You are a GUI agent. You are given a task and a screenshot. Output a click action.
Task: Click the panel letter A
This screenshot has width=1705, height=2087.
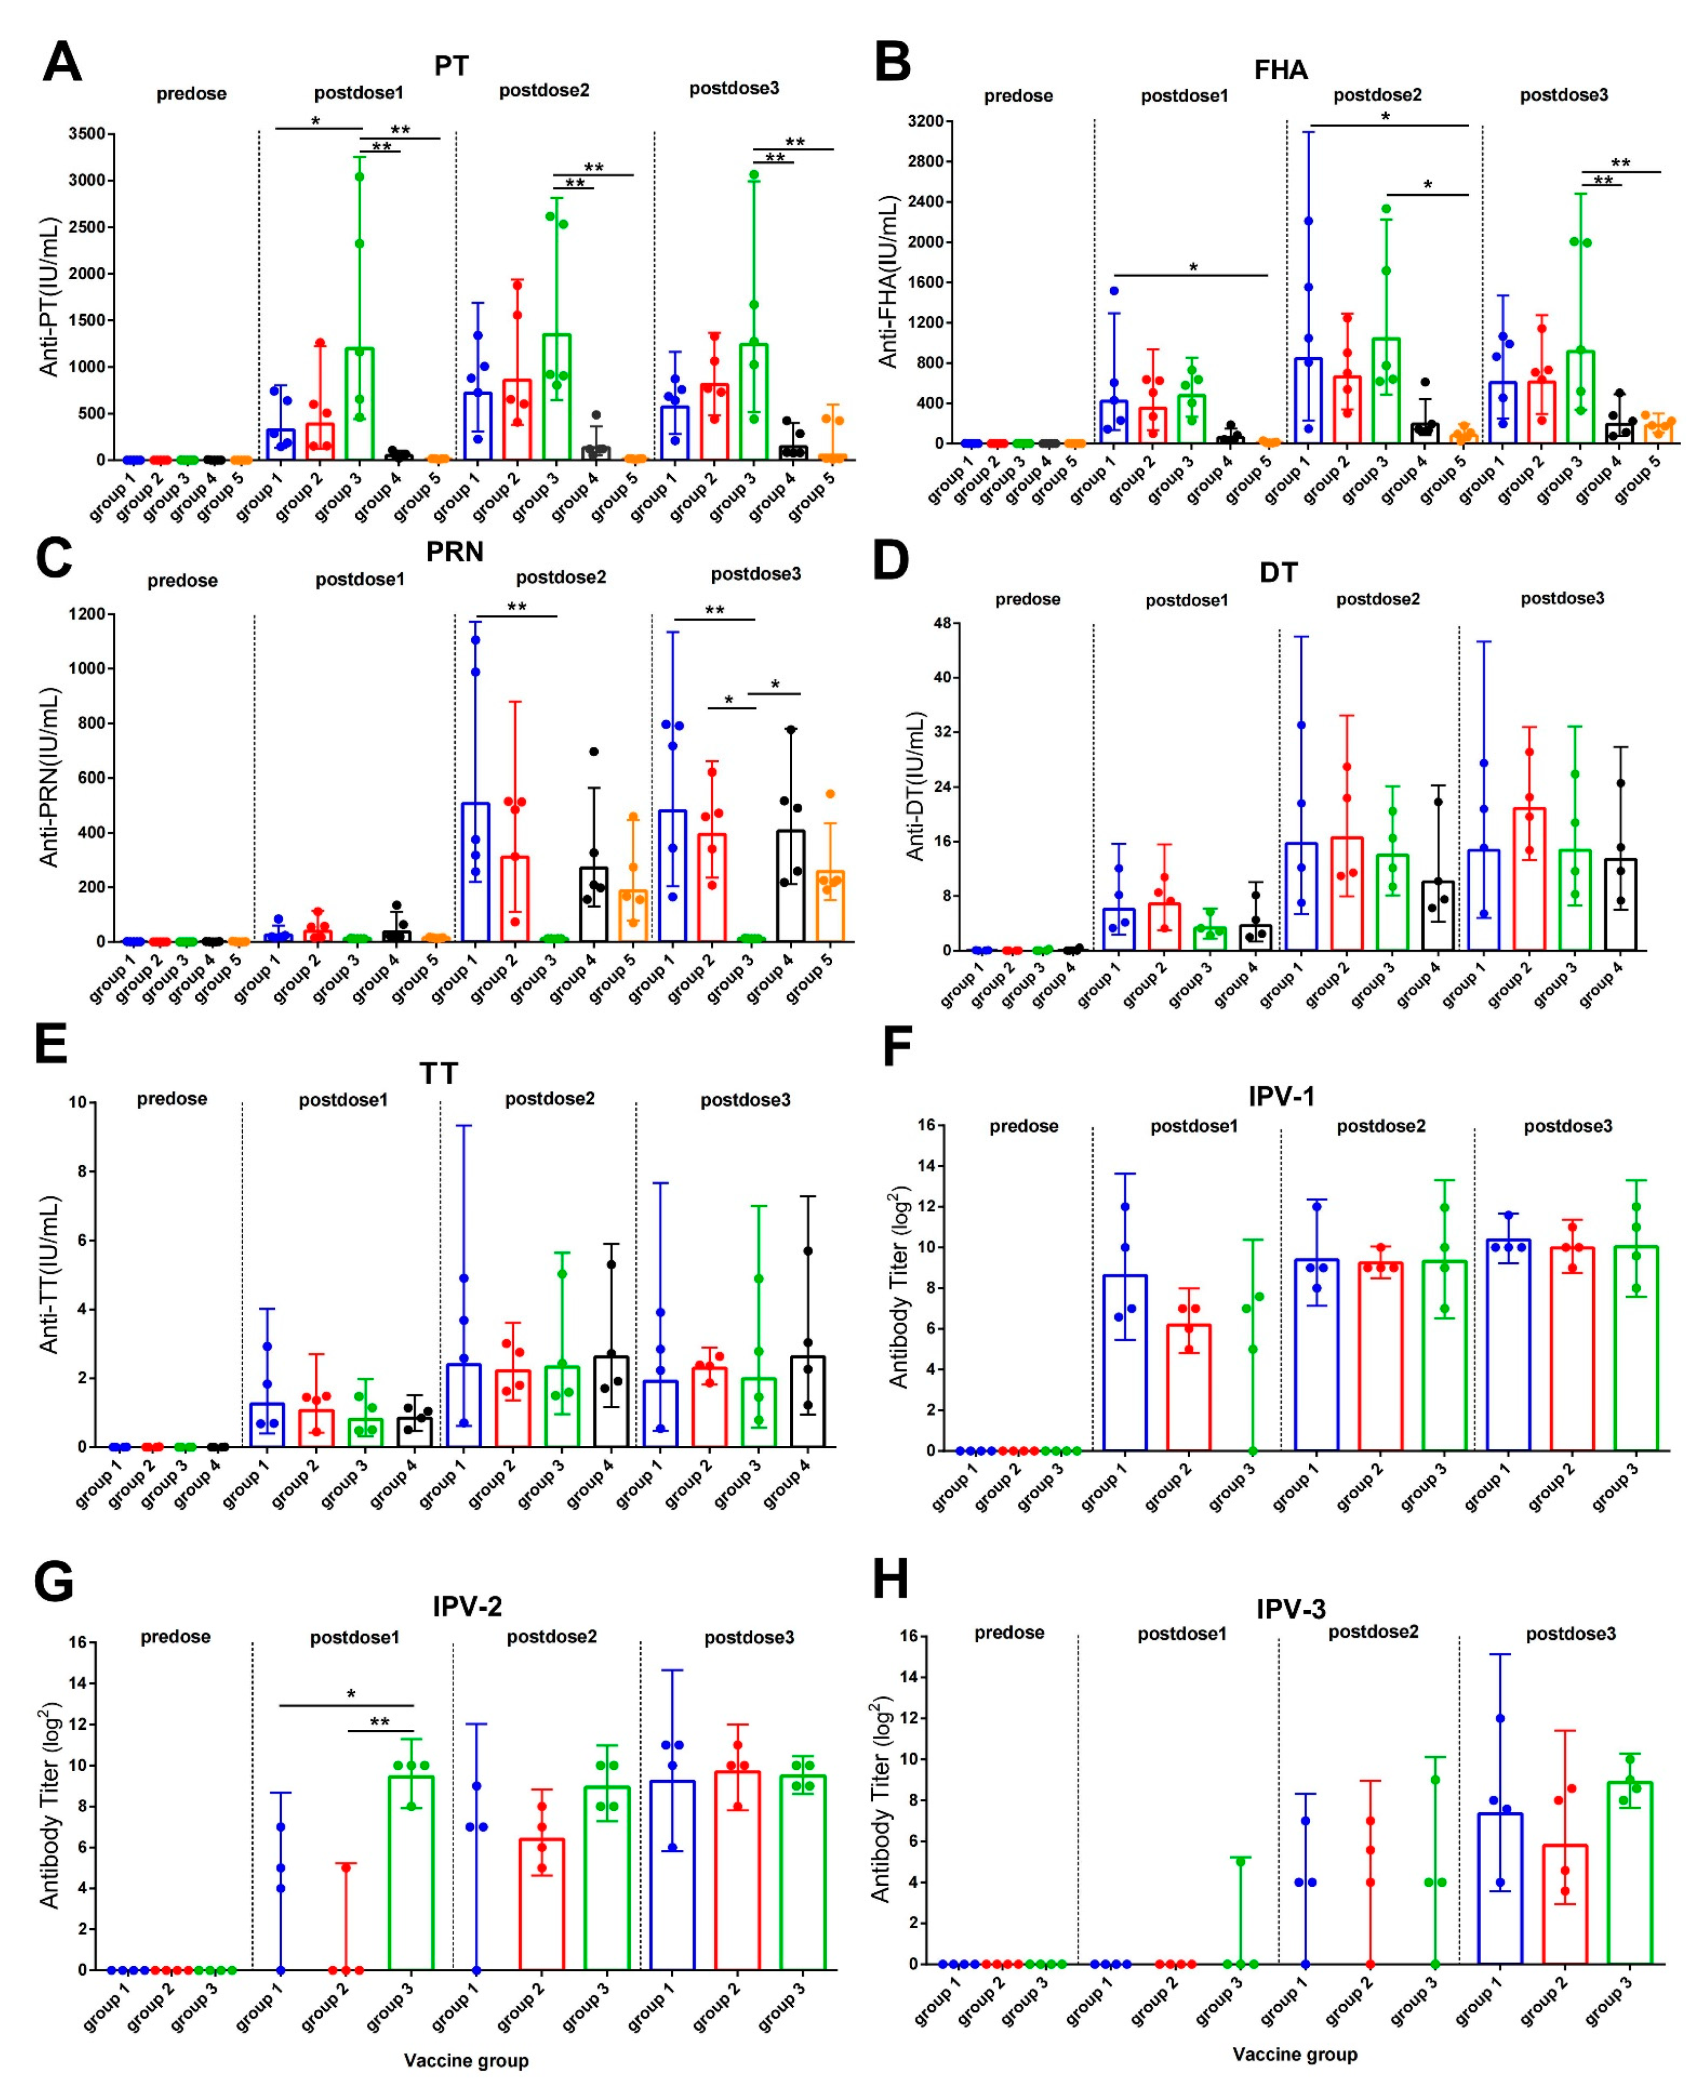[x=61, y=62]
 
